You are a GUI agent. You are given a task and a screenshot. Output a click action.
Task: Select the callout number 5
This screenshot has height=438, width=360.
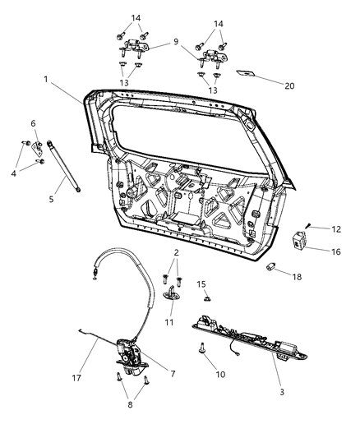click(52, 199)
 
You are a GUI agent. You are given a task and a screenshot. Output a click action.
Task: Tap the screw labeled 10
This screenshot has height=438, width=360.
click(201, 348)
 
